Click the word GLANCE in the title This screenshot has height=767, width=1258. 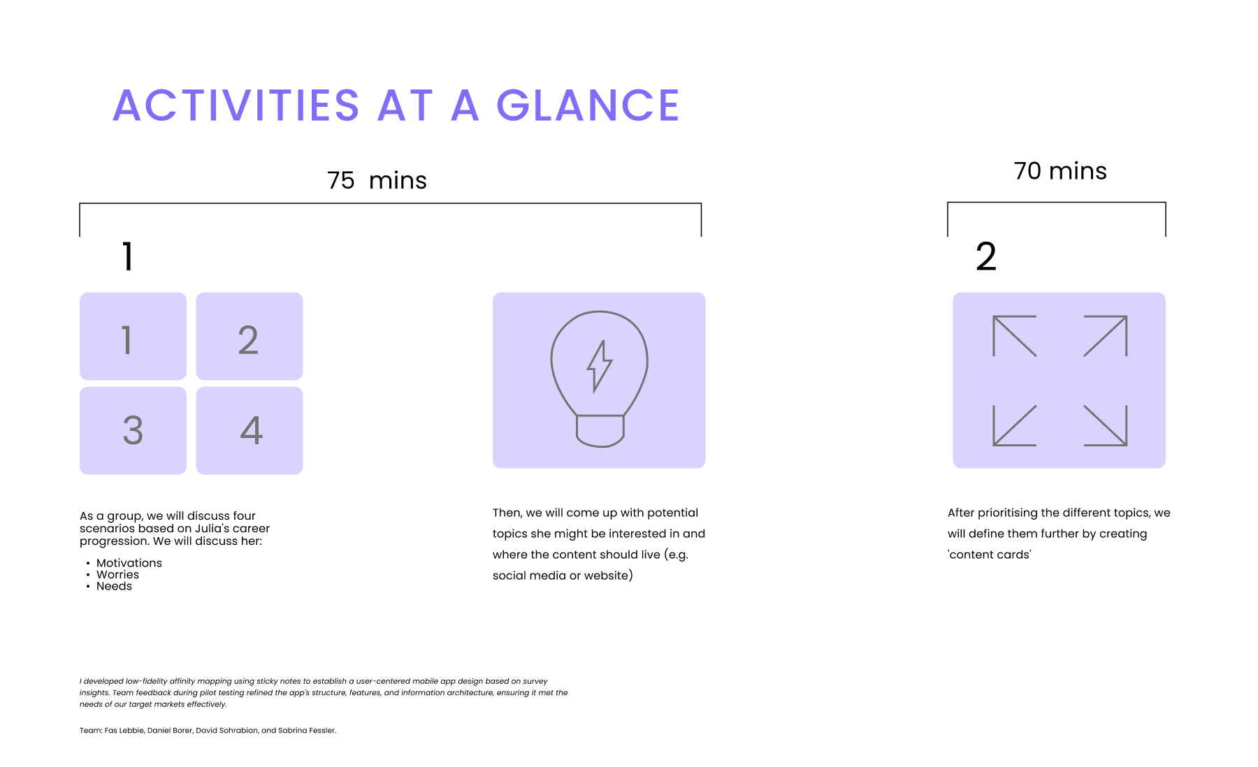[588, 105]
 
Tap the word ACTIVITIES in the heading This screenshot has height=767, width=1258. [236, 105]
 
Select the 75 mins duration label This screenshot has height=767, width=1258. [377, 180]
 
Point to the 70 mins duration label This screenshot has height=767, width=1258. [1060, 171]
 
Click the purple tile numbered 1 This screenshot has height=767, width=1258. [133, 336]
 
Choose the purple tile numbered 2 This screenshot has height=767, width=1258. [250, 336]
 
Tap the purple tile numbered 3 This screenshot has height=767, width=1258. [133, 430]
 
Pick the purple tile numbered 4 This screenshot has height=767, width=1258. [250, 430]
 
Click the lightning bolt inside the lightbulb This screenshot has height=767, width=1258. [599, 366]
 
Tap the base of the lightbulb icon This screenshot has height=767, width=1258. [600, 431]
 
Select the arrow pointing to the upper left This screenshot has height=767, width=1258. [1015, 336]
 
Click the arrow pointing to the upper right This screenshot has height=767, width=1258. [1106, 336]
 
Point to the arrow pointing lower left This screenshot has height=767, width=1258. [1015, 425]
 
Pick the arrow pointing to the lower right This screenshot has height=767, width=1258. [1106, 425]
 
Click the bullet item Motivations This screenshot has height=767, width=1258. [129, 563]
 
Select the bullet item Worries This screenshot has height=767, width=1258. [117, 575]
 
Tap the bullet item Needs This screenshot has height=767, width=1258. [114, 586]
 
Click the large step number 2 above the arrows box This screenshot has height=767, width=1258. [986, 256]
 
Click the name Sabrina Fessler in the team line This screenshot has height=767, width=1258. [308, 731]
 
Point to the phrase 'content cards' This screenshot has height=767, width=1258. [990, 555]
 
